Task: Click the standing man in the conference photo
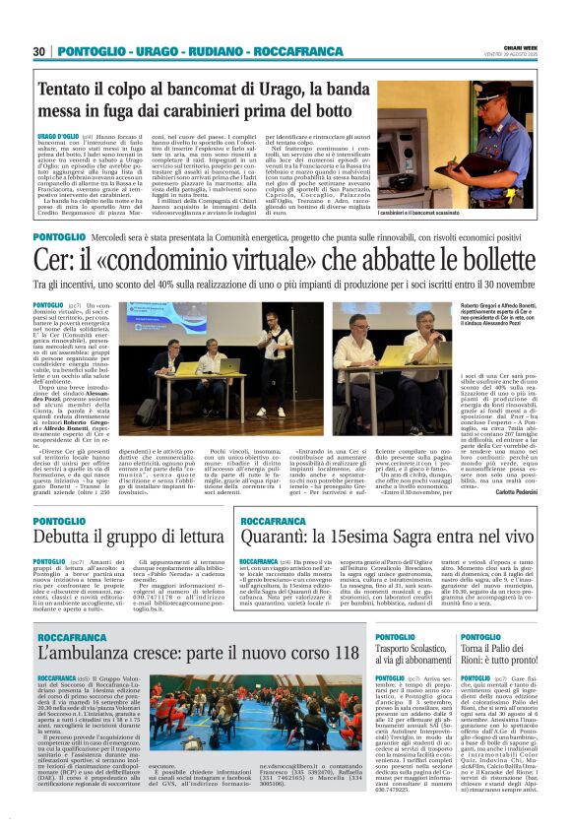tap(271, 352)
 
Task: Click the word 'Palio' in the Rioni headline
tap(505, 653)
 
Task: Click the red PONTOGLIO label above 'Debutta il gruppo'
tap(58, 521)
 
